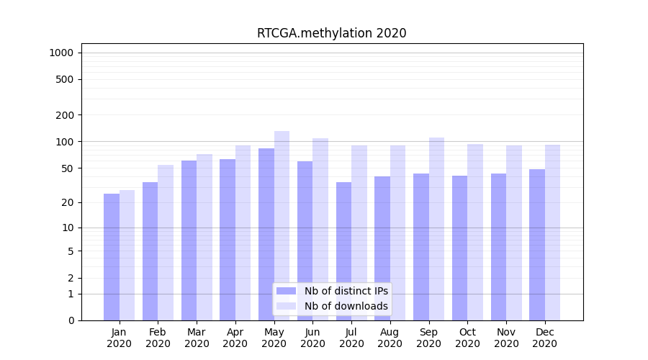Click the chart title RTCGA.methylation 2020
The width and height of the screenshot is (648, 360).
tap(331, 33)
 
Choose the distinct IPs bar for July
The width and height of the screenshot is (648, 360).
tap(343, 251)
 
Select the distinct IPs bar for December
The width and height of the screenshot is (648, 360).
tap(537, 245)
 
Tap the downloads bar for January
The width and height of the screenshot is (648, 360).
tap(127, 255)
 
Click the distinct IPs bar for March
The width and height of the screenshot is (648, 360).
tap(189, 240)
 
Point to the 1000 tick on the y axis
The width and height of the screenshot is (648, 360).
tap(61, 53)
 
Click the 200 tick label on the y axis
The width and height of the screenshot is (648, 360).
tap(65, 115)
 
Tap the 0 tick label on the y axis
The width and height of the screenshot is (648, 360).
tap(71, 320)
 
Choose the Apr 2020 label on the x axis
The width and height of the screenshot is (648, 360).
tap(235, 338)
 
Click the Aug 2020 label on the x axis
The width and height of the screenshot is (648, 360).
tap(390, 338)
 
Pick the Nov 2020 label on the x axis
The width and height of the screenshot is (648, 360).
tap(506, 338)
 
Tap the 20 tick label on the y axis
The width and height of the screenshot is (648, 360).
tap(68, 202)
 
